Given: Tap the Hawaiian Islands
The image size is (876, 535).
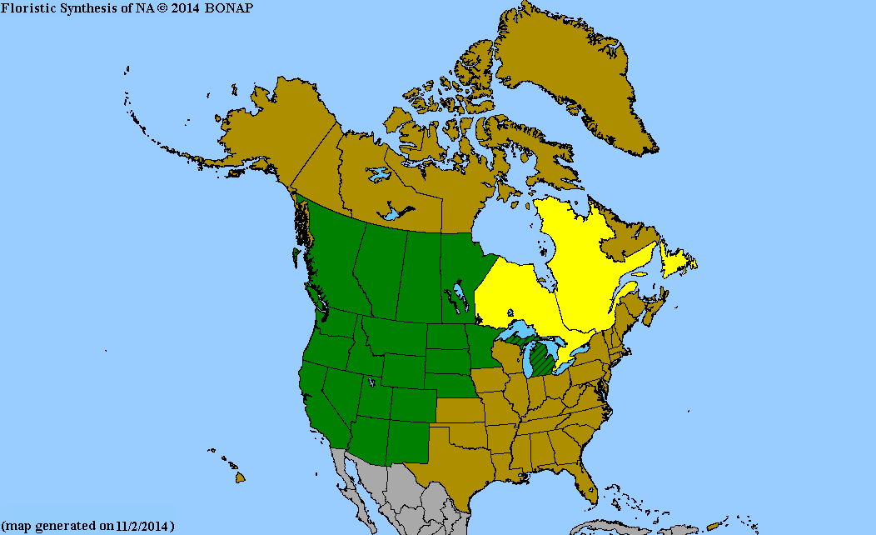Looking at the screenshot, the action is pyautogui.click(x=238, y=477).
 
